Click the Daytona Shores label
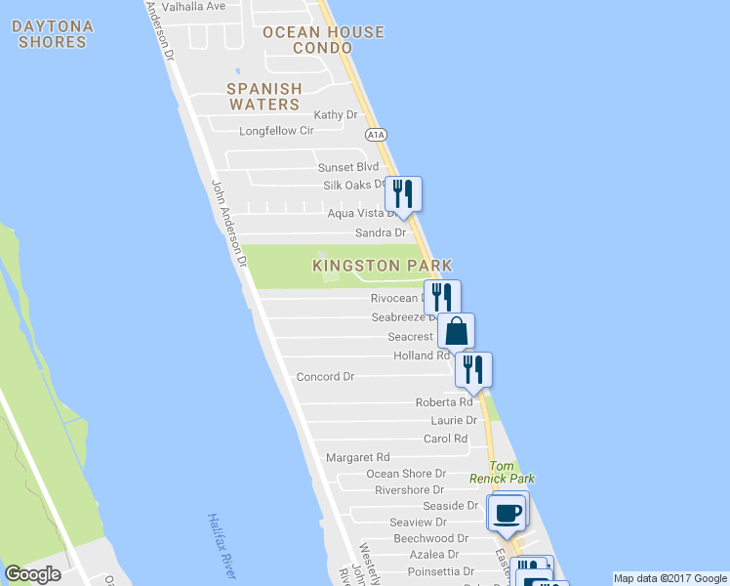[x=54, y=34]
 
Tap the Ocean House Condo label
[x=323, y=40]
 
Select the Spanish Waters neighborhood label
[x=264, y=96]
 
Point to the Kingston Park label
[x=383, y=266]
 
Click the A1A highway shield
[x=375, y=135]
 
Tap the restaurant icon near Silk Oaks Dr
[x=402, y=191]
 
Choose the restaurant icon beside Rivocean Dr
[x=442, y=296]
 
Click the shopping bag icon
[x=456, y=330]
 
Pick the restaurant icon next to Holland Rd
[x=473, y=368]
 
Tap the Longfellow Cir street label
[x=277, y=131]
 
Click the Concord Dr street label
[x=325, y=377]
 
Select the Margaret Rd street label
[x=357, y=457]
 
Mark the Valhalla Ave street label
[x=193, y=6]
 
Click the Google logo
[x=32, y=574]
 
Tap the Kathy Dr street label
[x=336, y=115]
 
